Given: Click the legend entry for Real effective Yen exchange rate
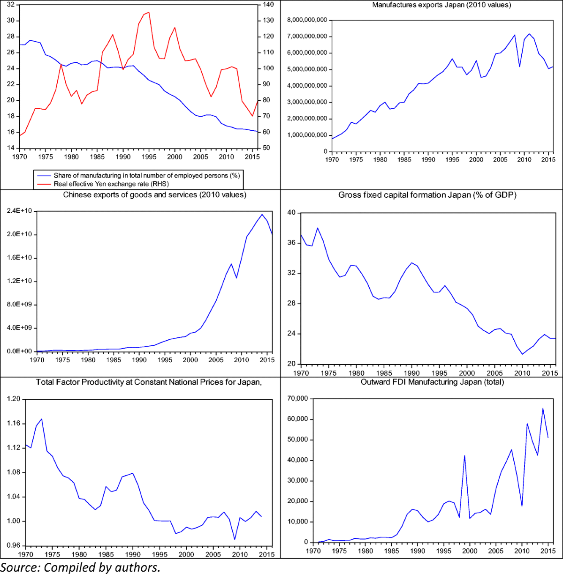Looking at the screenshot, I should click(x=111, y=184).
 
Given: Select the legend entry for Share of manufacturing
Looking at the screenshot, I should click(x=146, y=175).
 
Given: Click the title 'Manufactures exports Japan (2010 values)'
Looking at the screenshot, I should click(x=441, y=5).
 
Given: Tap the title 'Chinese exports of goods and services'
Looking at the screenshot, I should click(x=154, y=195).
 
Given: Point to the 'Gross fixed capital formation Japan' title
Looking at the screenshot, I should click(x=427, y=195).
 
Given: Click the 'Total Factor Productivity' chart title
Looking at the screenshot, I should click(x=149, y=382).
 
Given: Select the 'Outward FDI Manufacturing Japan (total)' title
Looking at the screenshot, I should click(x=432, y=382).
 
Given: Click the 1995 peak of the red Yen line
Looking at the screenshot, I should click(x=149, y=12).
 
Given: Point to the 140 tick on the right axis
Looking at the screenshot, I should click(x=268, y=5).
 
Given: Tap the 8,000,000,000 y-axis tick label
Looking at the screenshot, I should click(x=307, y=20).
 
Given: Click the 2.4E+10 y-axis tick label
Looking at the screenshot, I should click(x=19, y=211).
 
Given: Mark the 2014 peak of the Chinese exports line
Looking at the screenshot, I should click(x=262, y=214).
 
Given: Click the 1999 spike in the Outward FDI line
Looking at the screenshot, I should click(x=464, y=455).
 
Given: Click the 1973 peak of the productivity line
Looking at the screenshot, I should click(x=42, y=419).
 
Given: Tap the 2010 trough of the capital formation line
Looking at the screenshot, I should click(x=522, y=354).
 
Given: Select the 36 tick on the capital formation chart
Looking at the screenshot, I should click(x=291, y=243).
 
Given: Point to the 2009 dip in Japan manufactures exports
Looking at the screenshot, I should click(x=519, y=67).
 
